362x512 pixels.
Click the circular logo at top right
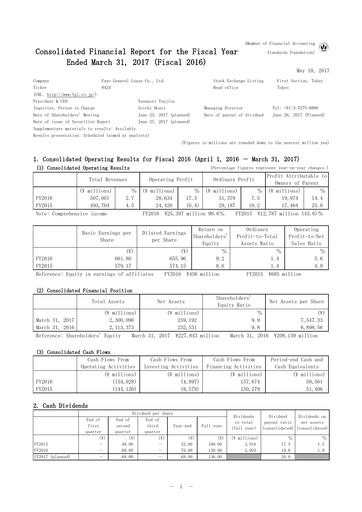tap(346, 17)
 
